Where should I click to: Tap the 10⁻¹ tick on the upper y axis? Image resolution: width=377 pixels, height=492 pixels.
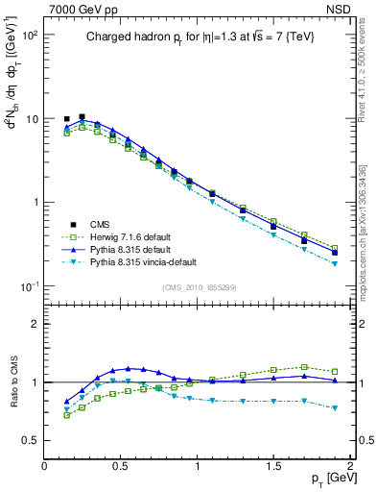(x=32, y=286)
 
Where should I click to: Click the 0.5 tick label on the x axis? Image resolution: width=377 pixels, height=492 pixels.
(x=121, y=465)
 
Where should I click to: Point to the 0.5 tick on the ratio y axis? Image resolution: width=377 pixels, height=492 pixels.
(x=31, y=440)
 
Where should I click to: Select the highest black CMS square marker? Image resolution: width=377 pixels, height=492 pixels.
(x=82, y=116)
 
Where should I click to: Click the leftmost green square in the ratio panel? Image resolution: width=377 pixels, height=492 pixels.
(x=66, y=415)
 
